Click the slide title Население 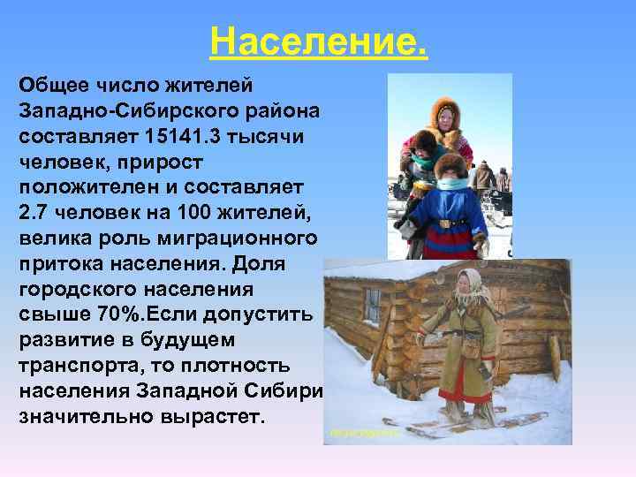pos(318,40)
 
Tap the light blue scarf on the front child pos(452,185)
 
